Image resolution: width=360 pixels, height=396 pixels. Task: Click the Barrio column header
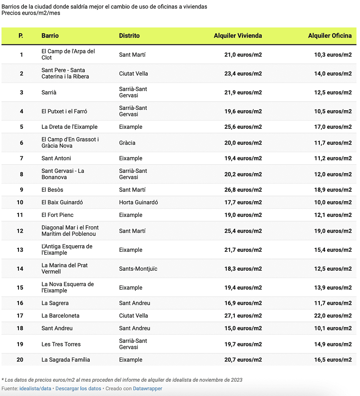(50, 36)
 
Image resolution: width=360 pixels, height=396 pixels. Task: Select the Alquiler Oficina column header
(329, 36)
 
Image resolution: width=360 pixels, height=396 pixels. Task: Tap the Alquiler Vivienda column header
(237, 36)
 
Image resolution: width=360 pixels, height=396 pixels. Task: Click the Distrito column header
(129, 36)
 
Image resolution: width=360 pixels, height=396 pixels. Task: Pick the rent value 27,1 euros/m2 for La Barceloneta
(243, 316)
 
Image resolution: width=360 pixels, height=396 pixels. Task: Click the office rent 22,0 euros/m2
(333, 316)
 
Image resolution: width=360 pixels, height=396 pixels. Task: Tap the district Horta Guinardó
(138, 202)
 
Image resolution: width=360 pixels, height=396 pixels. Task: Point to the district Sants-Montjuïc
(138, 269)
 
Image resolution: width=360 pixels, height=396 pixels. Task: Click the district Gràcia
(127, 143)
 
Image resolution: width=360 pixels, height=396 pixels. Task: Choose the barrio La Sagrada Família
(66, 360)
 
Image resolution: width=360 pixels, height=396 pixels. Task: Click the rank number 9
(21, 190)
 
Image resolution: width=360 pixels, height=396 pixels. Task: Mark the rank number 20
(20, 360)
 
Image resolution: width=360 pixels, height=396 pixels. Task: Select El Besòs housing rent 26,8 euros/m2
(243, 190)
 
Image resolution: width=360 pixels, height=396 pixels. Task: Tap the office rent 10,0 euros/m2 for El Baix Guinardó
(333, 202)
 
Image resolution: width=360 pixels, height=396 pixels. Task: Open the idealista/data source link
(35, 389)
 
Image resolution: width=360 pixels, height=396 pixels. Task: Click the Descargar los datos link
(78, 389)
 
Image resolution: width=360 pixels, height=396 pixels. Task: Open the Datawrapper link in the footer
(147, 389)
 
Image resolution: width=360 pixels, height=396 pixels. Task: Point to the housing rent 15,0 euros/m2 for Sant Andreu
(243, 328)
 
